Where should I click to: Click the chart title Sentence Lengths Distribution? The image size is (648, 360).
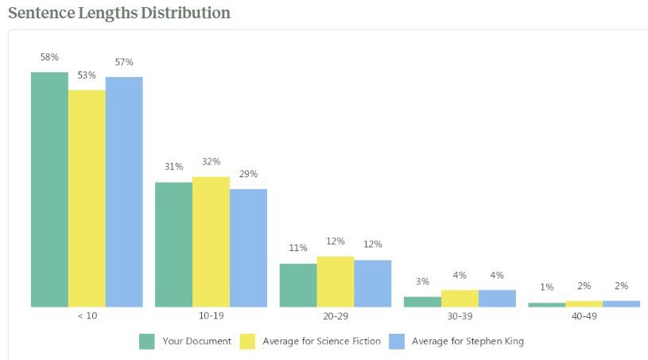pos(119,14)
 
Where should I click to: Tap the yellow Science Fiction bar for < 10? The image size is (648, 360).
pos(87,198)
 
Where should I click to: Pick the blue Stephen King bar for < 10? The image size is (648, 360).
pos(124,192)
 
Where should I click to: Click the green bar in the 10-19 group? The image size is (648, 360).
pos(173,245)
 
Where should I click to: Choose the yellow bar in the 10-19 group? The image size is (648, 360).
pos(211,242)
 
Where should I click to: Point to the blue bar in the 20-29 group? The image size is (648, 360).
pos(373,283)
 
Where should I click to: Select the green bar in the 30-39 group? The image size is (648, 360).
pos(422,302)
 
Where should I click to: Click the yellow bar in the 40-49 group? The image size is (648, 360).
pos(584,304)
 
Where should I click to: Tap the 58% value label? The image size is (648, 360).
pos(49,57)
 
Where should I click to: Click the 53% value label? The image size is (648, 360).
pos(87,75)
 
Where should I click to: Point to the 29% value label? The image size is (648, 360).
pos(248,174)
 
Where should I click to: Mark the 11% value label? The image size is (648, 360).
pos(298,248)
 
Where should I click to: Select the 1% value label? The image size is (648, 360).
pos(546,287)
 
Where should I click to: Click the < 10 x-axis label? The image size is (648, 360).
pos(87,315)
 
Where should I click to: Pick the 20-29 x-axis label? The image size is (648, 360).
pos(335,315)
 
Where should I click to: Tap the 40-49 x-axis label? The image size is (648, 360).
pos(584,315)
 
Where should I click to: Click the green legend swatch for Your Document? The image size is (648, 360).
pos(146,342)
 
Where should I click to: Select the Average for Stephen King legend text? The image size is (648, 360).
pos(468,342)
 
